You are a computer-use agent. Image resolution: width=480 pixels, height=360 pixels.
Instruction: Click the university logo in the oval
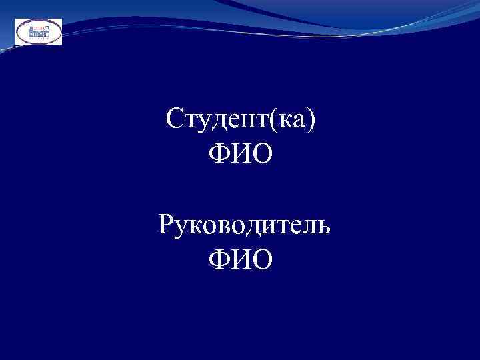click(39, 31)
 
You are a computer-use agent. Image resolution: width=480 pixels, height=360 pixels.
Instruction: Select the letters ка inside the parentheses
click(293, 121)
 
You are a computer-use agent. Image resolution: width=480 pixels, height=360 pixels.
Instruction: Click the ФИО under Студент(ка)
click(241, 155)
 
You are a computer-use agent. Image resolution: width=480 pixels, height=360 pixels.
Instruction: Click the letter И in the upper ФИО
click(241, 155)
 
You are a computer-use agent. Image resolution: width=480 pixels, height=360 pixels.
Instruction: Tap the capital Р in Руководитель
click(166, 225)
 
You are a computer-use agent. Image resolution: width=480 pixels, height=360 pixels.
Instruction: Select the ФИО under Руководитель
click(241, 259)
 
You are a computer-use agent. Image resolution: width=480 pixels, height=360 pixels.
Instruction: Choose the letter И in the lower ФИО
click(241, 259)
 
